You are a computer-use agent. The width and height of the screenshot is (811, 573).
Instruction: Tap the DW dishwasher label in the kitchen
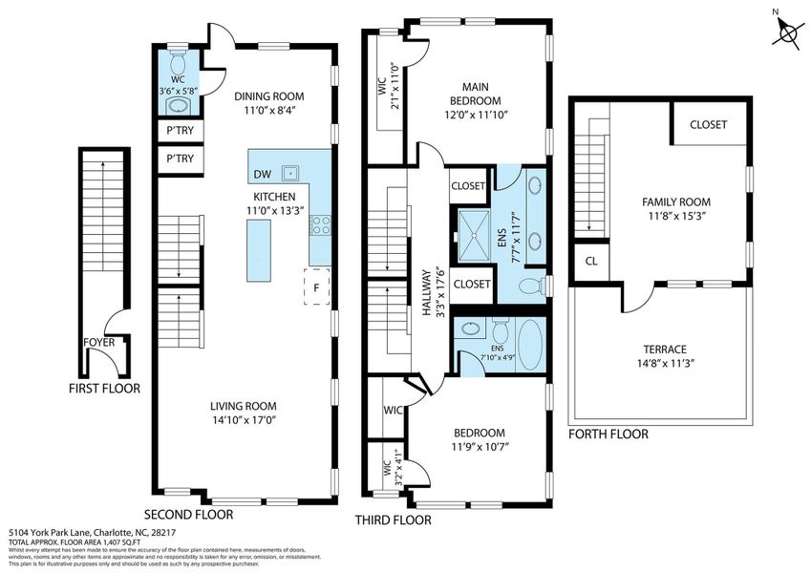coord(262,174)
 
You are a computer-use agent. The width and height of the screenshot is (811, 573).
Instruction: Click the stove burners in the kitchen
coord(322,225)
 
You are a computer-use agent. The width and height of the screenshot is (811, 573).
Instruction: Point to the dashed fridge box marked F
coord(317,287)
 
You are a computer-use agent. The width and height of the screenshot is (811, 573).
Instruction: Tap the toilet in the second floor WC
coord(178,56)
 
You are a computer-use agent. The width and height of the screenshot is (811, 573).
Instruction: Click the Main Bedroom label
coord(476,94)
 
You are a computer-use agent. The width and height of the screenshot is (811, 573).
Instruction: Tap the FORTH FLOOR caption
coord(608,435)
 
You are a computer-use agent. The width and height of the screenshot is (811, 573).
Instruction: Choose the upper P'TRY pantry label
coord(180,130)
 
